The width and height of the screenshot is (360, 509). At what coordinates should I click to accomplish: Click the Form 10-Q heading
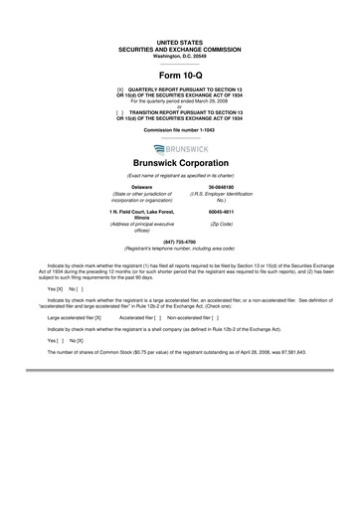[x=180, y=75]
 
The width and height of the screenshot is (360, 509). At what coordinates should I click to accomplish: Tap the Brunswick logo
[x=180, y=147]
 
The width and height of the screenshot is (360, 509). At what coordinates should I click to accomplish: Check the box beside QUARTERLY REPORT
[x=120, y=88]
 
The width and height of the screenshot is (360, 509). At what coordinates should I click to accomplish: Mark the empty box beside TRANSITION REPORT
[x=120, y=109]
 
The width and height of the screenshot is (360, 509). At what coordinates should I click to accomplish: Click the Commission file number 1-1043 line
[x=180, y=130]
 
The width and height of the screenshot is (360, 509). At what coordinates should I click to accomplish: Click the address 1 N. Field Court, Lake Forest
[x=147, y=212]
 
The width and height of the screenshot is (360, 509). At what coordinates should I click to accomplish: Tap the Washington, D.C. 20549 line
[x=180, y=58]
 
